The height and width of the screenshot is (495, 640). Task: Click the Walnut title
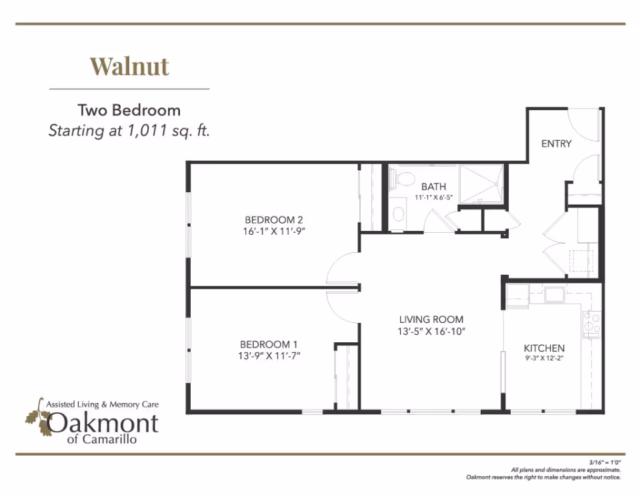[x=129, y=66]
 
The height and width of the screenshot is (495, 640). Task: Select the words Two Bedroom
[x=129, y=110]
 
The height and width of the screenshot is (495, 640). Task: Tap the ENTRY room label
[x=556, y=143]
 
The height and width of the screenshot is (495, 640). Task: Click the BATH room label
[x=433, y=187]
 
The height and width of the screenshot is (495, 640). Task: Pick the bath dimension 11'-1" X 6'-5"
[x=433, y=197]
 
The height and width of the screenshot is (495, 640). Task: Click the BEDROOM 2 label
[x=274, y=219]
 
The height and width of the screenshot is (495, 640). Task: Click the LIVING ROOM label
[x=431, y=319]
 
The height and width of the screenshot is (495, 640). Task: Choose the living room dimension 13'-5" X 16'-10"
[x=431, y=331]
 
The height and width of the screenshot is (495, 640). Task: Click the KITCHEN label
[x=544, y=348]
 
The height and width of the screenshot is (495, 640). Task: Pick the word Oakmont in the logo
[x=103, y=423]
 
